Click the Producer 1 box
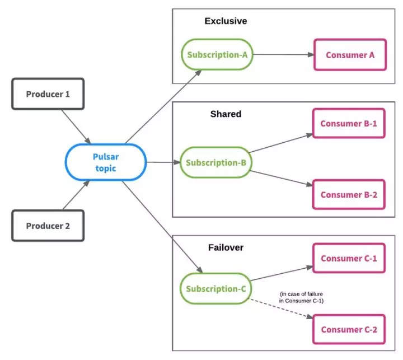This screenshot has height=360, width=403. tap(48, 94)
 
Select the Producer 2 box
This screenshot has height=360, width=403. tap(48, 226)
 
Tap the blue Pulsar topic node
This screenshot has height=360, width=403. tap(106, 162)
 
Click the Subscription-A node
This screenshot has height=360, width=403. tap(217, 54)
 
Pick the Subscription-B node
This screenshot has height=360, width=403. tap(216, 162)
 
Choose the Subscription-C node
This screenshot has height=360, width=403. tap(216, 288)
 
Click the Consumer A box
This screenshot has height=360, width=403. tap(350, 55)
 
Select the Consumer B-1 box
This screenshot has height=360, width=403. tap(349, 123)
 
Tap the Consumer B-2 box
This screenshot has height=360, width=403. tap(349, 195)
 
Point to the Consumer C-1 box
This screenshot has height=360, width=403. tap(349, 258)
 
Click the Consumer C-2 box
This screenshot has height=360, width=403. tap(349, 329)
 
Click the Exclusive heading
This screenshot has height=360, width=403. tap(226, 21)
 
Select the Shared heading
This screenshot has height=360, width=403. tap(226, 114)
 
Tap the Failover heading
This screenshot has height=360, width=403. tap(226, 247)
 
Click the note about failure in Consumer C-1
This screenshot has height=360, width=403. tap(301, 297)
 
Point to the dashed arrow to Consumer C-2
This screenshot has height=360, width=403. tap(282, 308)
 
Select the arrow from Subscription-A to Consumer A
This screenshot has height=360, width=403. tap(283, 54)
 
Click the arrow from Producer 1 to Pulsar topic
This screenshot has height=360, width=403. tap(76, 127)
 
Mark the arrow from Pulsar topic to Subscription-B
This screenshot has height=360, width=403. tap(163, 162)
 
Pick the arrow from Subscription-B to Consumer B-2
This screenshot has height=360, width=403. tap(281, 177)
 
